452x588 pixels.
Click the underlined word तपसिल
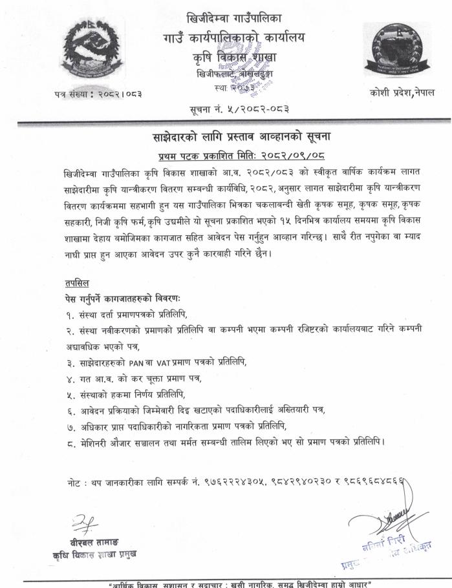78,283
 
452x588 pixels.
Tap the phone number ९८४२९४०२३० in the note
298,483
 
